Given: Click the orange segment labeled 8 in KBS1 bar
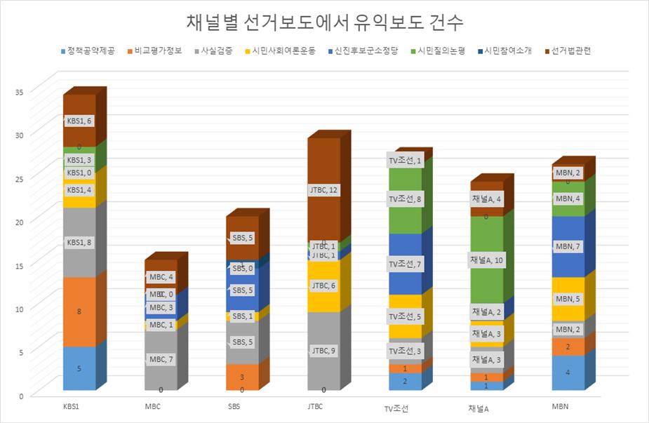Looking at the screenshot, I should pyautogui.click(x=79, y=311).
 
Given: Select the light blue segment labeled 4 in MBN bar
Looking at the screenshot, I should pyautogui.click(x=567, y=372).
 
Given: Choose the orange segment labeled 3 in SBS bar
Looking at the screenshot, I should pyautogui.click(x=241, y=377).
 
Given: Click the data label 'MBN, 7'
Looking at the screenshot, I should pyautogui.click(x=568, y=247).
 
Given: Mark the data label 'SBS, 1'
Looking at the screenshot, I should pyautogui.click(x=242, y=316).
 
